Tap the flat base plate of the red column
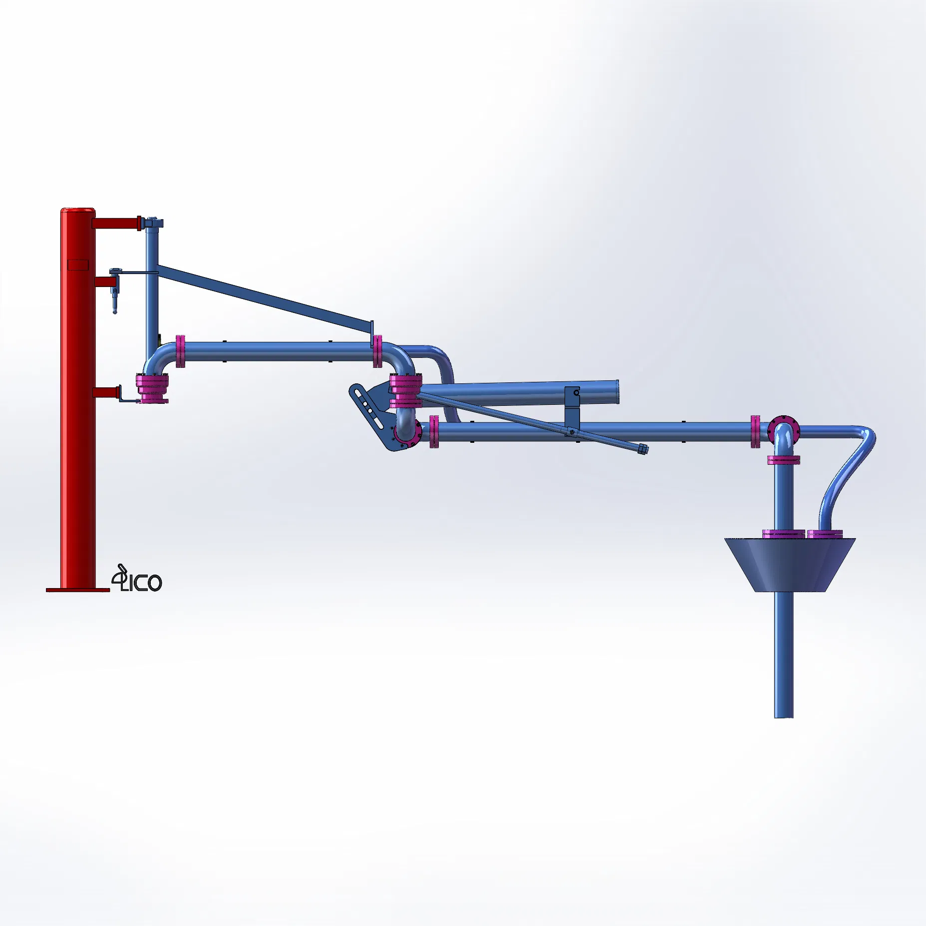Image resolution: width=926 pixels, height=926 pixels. (x=77, y=590)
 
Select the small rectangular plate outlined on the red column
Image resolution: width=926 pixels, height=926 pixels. (x=77, y=265)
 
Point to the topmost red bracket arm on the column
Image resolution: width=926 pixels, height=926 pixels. (x=116, y=223)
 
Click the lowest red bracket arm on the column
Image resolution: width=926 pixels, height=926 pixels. (x=105, y=393)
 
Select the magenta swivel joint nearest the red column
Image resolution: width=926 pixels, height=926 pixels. (x=152, y=389)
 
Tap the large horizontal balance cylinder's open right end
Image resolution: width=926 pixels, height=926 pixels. (x=617, y=393)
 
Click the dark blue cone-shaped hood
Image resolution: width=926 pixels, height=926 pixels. (x=790, y=564)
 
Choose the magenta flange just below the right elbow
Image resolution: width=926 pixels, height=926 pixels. (x=783, y=460)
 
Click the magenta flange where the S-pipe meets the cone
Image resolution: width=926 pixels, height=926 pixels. (x=825, y=534)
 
